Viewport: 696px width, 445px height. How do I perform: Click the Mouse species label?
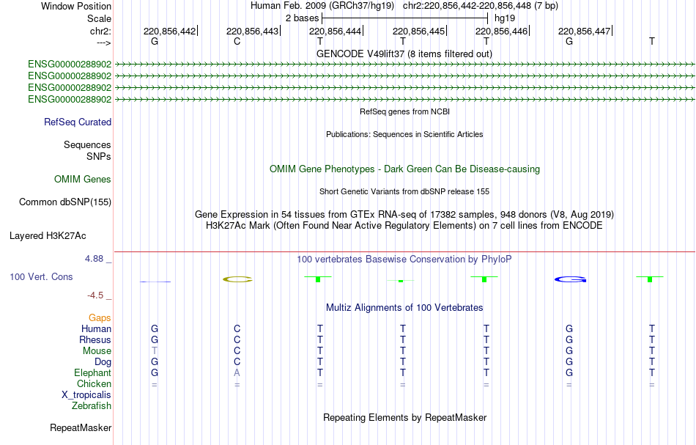coord(97,351)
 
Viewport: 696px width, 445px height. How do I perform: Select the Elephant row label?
coord(93,373)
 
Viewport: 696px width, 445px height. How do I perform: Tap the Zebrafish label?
coord(92,406)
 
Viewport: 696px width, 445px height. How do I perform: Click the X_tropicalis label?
coord(86,395)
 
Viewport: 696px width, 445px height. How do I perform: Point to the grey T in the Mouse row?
coord(155,351)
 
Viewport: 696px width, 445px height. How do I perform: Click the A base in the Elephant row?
coord(237,373)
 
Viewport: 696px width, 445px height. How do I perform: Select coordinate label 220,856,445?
coord(418,31)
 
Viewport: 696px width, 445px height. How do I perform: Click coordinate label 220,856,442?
coord(169,31)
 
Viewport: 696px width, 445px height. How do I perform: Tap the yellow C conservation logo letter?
coord(237,279)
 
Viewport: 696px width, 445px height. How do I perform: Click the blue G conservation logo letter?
coord(571,279)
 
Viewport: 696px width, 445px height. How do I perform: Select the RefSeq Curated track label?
coord(78,122)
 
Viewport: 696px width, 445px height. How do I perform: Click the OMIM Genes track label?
coord(83,180)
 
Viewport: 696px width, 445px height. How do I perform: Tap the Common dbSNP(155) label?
coord(65,202)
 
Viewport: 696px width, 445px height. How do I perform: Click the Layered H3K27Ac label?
coord(48,236)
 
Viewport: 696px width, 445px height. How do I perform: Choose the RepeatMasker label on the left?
coord(81,427)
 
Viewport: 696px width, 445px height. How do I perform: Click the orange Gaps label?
coord(100,318)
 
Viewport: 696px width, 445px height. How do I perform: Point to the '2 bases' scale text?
coord(303,18)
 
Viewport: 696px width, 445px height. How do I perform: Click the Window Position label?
coord(76,6)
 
